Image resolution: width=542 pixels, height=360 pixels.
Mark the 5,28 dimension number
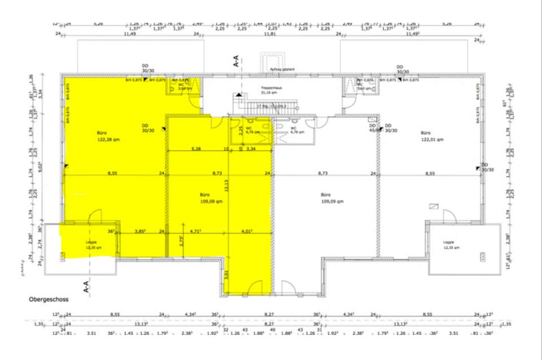coord(196,149)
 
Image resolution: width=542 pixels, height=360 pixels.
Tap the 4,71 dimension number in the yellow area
coord(195,231)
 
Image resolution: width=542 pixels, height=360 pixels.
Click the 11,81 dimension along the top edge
coord(272,33)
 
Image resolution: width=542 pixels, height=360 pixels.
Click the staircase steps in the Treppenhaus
coord(249,105)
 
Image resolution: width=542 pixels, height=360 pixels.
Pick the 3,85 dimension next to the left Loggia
coord(140,231)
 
